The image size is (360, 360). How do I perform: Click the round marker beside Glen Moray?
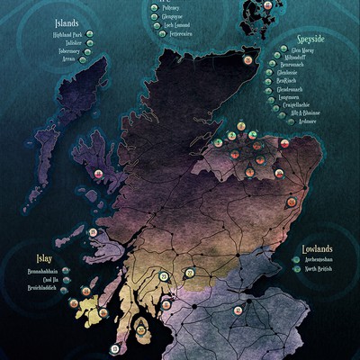(x=267, y=52)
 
